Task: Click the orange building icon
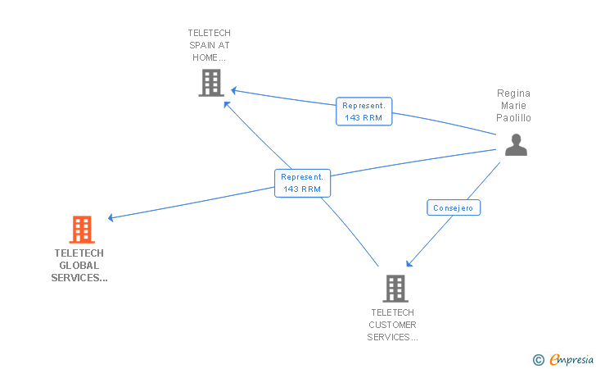[82, 230]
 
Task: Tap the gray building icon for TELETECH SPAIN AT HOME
[211, 83]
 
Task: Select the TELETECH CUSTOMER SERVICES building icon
[395, 289]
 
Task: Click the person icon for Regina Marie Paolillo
[516, 144]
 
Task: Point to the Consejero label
[454, 208]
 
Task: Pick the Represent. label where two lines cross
[302, 183]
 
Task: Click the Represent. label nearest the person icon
[363, 112]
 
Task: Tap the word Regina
[513, 93]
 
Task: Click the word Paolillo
[513, 118]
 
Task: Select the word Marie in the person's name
[513, 106]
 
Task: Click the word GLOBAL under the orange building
[79, 266]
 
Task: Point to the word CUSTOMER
[393, 325]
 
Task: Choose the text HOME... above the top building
[209, 58]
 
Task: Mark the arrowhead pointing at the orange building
[111, 218]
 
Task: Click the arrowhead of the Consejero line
[409, 264]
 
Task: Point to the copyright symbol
[538, 359]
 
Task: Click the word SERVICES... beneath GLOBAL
[79, 278]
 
